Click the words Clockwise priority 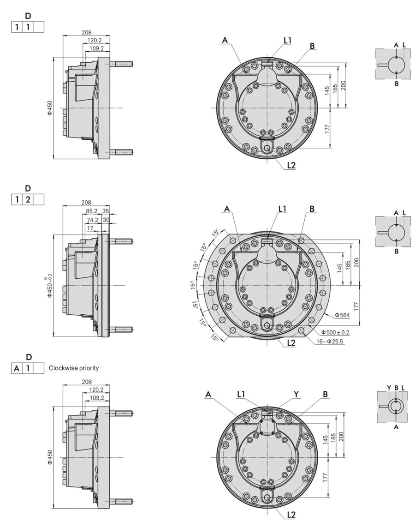click(74, 368)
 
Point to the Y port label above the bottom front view click(297, 394)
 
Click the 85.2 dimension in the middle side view click(92, 211)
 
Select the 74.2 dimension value click(92, 221)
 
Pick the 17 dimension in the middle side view click(90, 228)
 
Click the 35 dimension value click(106, 211)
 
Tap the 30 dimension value click(106, 221)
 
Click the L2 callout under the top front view click(291, 165)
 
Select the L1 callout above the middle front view click(283, 209)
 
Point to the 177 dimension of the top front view click(326, 129)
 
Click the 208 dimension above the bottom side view click(86, 382)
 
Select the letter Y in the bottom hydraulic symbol click(389, 387)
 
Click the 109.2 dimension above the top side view click(96, 48)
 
